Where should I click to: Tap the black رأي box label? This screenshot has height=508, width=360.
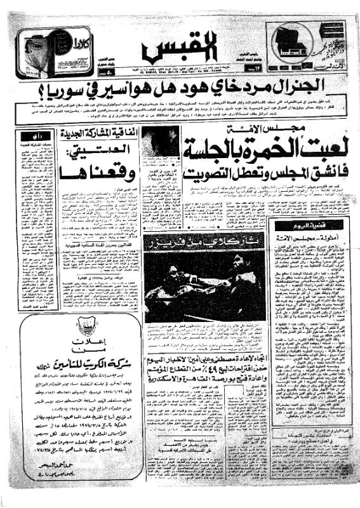point(38,135)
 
